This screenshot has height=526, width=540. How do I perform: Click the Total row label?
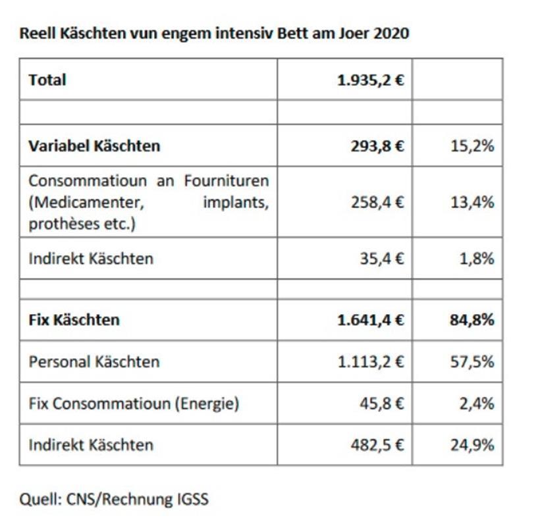[47, 80]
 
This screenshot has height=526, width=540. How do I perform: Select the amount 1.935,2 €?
[371, 80]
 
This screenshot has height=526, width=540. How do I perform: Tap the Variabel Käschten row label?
[94, 145]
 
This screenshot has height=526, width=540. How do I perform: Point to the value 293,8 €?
[378, 145]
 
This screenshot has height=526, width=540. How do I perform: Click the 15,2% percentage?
[472, 145]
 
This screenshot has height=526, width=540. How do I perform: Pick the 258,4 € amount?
[378, 202]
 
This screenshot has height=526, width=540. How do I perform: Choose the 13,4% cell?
[472, 202]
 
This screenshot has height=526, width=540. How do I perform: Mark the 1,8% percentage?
[476, 258]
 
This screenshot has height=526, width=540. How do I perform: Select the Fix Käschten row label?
[74, 320]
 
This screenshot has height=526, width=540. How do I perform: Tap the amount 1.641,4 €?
[371, 320]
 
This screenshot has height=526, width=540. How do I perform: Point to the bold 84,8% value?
[472, 320]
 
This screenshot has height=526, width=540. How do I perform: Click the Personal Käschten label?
[94, 361]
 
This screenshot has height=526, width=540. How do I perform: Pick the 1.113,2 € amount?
[371, 361]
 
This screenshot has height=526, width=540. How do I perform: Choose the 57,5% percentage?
[472, 361]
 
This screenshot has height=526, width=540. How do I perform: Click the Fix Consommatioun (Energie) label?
[134, 403]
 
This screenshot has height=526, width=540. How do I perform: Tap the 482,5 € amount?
[378, 444]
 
